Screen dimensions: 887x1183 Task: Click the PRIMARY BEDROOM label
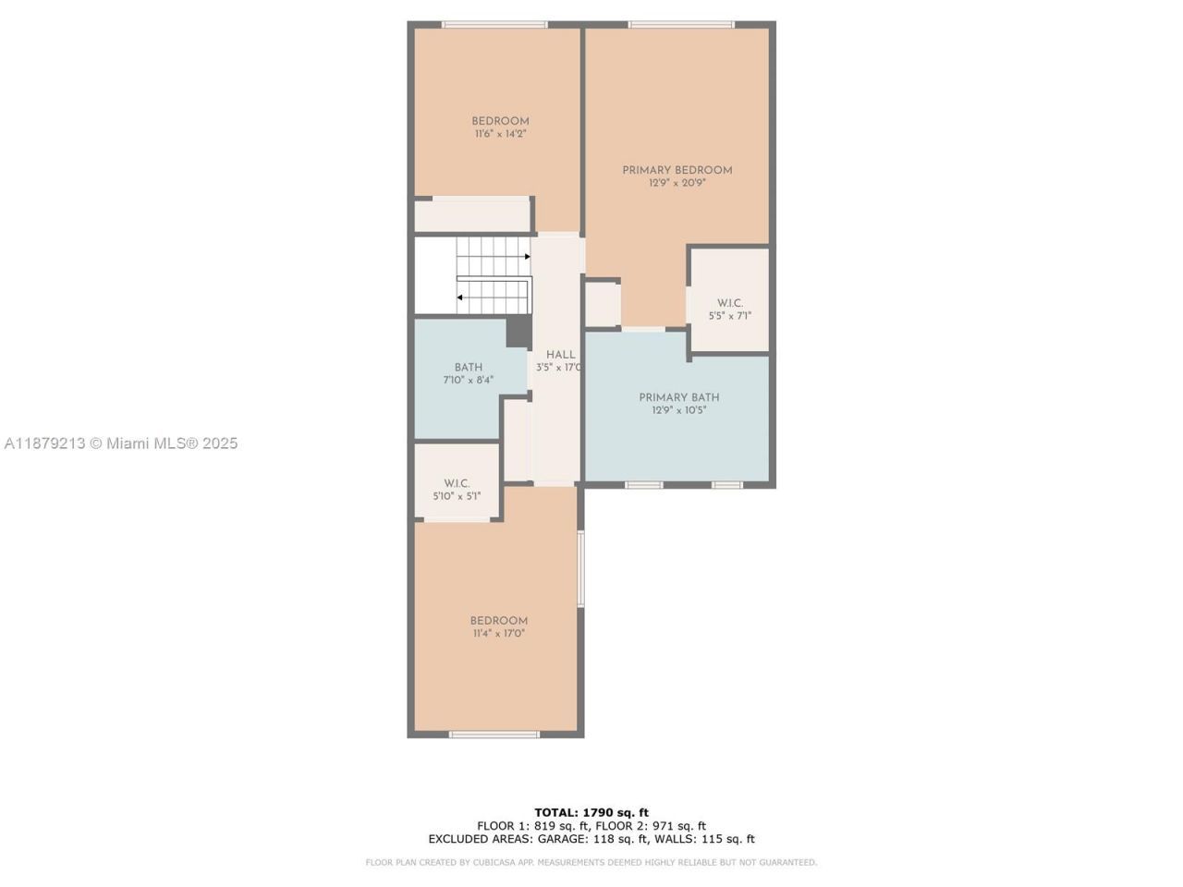pos(677,170)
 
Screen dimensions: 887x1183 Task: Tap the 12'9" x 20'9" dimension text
pos(677,183)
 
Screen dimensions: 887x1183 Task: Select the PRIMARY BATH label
pos(678,397)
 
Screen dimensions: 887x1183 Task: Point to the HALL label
pos(560,355)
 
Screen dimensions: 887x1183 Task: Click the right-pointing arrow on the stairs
pos(527,256)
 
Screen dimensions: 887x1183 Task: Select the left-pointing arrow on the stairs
pos(460,298)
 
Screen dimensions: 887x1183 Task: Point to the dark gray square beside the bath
pos(518,331)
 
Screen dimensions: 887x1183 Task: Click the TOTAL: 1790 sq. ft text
pos(591,813)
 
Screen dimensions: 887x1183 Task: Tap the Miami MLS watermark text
pos(121,443)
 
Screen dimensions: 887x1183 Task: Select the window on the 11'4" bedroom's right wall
pos(580,568)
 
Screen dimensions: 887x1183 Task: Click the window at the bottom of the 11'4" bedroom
pos(494,735)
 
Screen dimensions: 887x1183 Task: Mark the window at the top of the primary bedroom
pos(681,24)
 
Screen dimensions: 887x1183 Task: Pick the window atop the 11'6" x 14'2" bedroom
pos(494,24)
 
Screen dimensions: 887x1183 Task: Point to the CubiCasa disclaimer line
pos(591,863)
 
